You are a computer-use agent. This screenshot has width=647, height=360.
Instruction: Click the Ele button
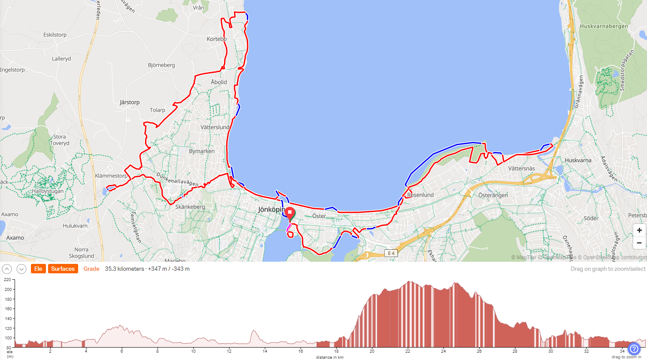tap(38, 269)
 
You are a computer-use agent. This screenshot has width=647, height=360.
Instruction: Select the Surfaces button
tap(63, 269)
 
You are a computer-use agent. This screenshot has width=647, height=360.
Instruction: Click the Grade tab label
tap(91, 269)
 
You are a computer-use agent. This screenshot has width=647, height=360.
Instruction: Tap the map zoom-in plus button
tap(639, 230)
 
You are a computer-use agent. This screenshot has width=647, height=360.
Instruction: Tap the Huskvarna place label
tap(578, 160)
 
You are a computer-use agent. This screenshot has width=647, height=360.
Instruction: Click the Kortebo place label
tap(216, 39)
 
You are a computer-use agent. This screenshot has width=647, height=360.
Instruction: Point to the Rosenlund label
tap(420, 195)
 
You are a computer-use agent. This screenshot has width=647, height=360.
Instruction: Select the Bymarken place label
tap(201, 151)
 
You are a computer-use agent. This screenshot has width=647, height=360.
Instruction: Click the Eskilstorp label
tap(55, 35)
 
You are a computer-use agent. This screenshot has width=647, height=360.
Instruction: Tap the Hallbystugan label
tap(48, 191)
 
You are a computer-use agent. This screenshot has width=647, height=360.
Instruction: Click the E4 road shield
tap(391, 253)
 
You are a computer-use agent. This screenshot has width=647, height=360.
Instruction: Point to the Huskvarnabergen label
tap(604, 26)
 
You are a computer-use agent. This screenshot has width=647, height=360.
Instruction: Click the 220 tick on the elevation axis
tap(8, 280)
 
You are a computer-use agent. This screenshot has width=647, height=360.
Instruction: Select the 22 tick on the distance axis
tap(407, 351)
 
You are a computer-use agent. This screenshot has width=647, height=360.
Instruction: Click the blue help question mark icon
tap(634, 349)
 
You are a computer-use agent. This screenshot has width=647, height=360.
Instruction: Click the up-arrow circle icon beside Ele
tap(7, 269)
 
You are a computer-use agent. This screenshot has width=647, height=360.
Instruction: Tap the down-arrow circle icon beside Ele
tap(21, 269)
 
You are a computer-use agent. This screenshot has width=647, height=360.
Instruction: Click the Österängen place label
tap(493, 195)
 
